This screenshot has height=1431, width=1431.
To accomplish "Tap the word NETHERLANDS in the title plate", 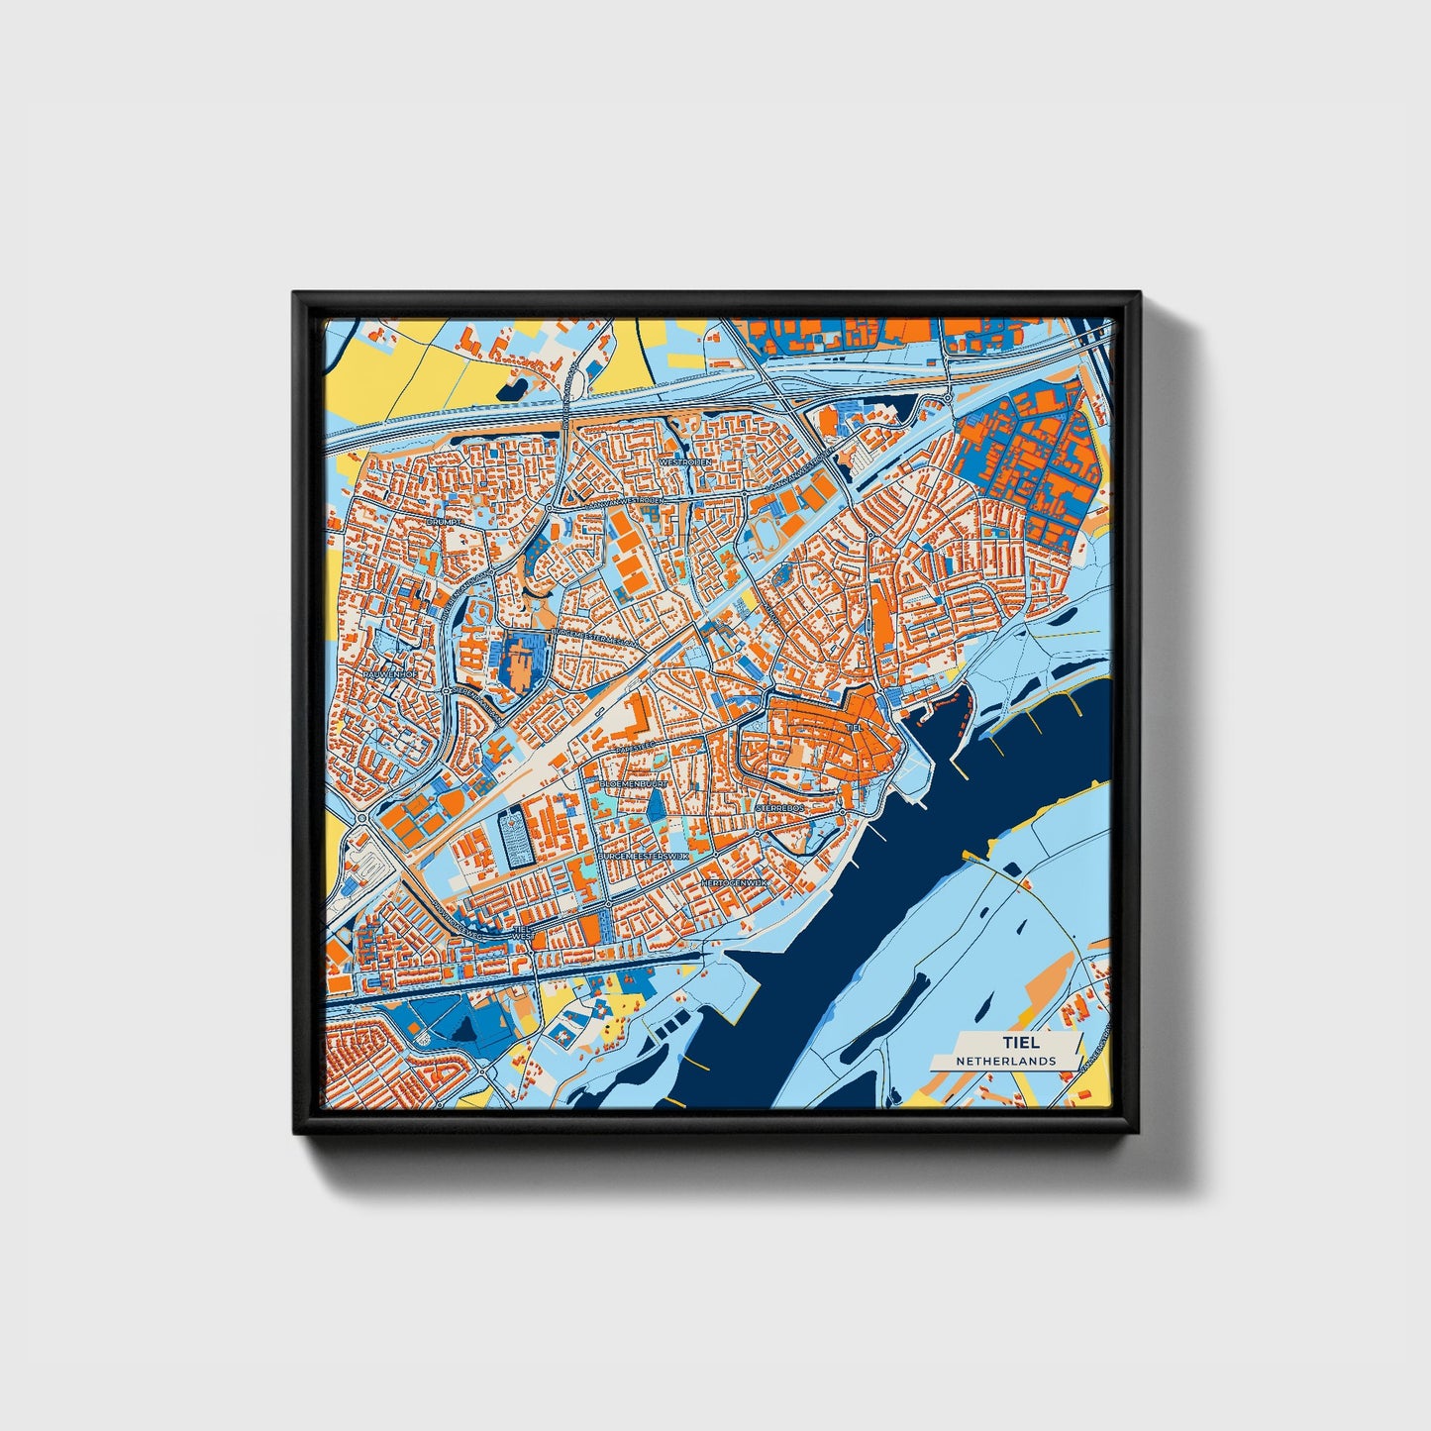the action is click(x=1005, y=1061).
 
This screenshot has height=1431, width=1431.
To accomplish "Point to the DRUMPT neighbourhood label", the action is click(x=439, y=520).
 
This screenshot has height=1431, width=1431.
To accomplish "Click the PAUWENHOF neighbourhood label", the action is click(x=390, y=674).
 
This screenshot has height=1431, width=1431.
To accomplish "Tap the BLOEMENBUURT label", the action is click(x=634, y=782).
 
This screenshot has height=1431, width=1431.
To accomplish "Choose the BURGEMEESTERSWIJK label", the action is click(x=642, y=853).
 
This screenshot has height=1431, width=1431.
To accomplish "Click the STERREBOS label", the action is click(x=782, y=808).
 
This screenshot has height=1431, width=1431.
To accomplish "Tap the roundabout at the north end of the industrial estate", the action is click(x=948, y=399).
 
